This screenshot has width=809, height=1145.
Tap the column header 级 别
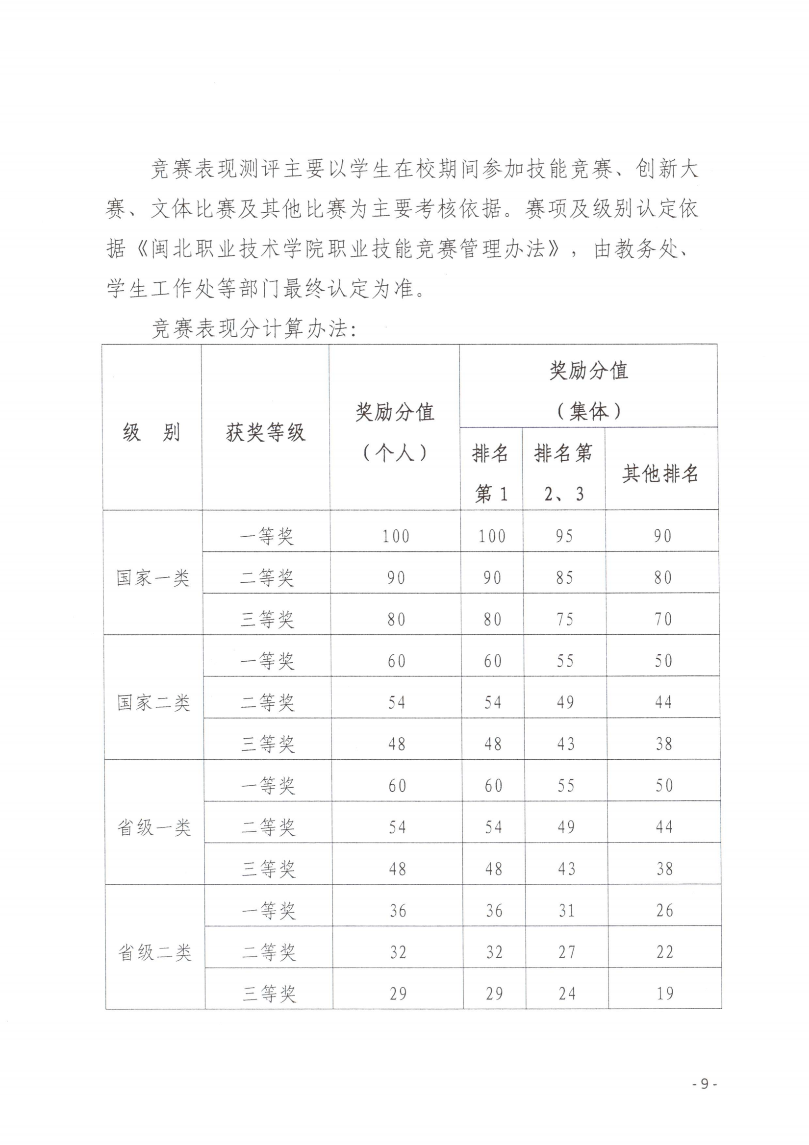pos(151,432)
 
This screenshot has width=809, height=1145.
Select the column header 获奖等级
pos(265,432)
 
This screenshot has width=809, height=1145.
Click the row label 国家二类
pos(153,703)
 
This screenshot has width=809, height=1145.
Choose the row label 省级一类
pos(153,828)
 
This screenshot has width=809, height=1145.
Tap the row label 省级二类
pos(154,953)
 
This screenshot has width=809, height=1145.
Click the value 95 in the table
pos(565,536)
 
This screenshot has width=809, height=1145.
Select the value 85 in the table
pos(565,578)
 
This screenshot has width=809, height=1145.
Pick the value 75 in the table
pos(565,620)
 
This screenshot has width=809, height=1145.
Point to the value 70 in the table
pos(663,620)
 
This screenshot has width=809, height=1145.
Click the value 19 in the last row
pos(665,994)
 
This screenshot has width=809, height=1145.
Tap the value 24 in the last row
pos(567,994)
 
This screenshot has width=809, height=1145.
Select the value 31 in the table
pos(567,911)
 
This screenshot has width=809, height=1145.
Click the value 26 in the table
pos(665,911)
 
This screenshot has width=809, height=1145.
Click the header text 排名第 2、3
pos(564,473)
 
